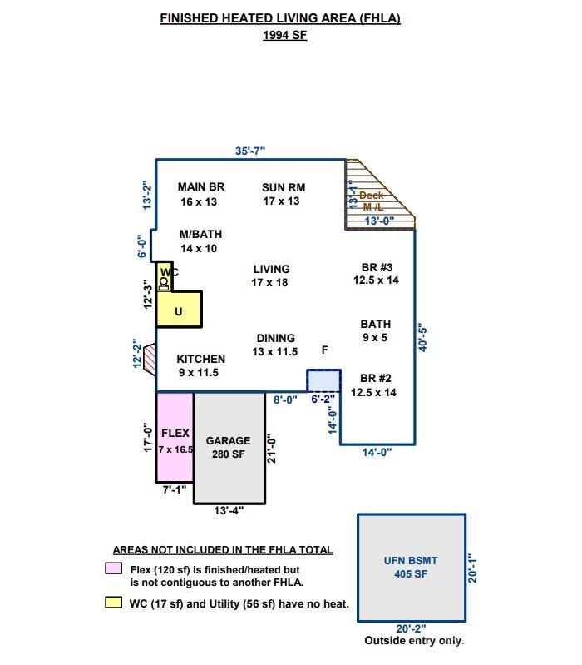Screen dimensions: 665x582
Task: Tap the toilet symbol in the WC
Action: (164, 284)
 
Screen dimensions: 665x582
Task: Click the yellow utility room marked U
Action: (179, 311)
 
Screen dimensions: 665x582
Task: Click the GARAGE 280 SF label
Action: (229, 448)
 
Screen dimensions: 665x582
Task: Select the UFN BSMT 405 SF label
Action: (411, 568)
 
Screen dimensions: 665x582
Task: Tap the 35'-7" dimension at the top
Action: (250, 151)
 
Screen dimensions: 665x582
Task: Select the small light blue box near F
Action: (323, 380)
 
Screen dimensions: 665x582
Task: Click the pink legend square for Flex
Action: (112, 569)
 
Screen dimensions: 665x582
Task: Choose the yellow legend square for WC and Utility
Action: (112, 603)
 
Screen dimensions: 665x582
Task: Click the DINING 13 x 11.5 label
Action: (275, 345)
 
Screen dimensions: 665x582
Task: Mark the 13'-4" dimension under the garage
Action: (229, 511)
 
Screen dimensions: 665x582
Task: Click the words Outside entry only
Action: (414, 641)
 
